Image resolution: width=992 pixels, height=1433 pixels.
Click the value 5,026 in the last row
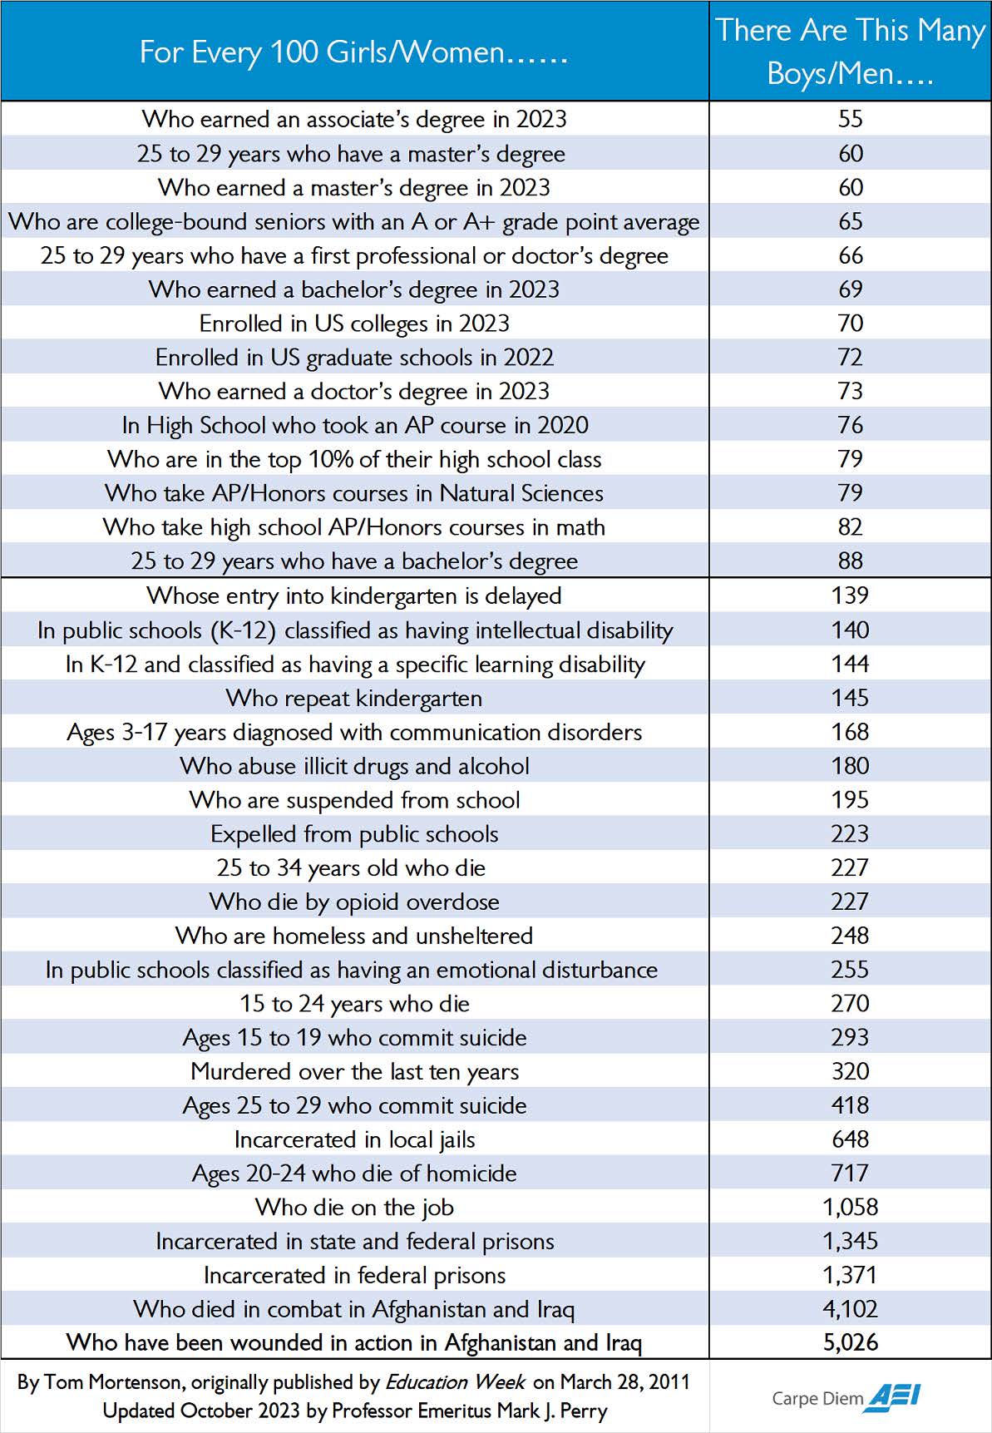[850, 1342]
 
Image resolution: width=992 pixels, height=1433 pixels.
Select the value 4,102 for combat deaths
[850, 1308]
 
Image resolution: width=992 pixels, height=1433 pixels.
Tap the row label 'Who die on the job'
[354, 1207]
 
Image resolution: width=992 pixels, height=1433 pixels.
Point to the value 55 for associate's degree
[851, 119]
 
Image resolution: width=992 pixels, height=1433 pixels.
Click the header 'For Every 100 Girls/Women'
[353, 52]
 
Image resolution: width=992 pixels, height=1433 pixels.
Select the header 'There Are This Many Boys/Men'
[850, 52]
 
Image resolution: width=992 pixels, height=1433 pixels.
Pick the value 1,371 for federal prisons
[850, 1274]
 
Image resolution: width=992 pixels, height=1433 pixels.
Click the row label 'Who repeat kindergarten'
[354, 698]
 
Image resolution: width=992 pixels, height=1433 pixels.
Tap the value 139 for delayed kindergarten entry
[850, 595]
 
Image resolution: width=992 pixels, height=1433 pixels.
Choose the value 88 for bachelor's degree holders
[851, 561]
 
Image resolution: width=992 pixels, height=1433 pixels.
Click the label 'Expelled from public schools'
[354, 833]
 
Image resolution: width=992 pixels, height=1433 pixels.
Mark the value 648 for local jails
[850, 1139]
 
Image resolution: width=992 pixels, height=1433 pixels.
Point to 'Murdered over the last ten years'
[354, 1071]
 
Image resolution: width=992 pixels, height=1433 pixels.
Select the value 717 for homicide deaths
[850, 1173]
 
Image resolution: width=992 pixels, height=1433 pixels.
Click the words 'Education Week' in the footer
[456, 1382]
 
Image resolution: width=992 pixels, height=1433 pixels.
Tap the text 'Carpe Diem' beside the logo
[817, 1399]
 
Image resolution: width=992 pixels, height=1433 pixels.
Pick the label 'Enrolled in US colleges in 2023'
[354, 324]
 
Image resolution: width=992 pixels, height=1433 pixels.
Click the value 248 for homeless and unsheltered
[850, 935]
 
